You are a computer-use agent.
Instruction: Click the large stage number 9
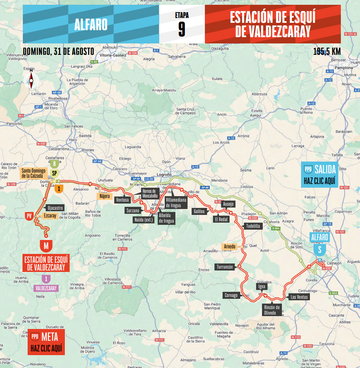click(x=182, y=29)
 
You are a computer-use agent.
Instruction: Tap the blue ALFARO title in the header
click(x=91, y=25)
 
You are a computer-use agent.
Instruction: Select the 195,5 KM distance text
click(x=326, y=52)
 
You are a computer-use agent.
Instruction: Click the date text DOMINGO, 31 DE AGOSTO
click(x=58, y=51)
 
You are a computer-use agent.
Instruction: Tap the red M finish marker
click(x=46, y=245)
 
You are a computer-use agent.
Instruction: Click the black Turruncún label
click(x=225, y=267)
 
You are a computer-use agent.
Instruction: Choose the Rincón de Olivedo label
click(x=272, y=310)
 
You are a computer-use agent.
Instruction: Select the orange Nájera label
click(x=104, y=196)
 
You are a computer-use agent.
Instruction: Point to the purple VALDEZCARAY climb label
click(x=46, y=289)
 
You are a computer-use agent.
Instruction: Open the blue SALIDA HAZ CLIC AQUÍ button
click(x=319, y=175)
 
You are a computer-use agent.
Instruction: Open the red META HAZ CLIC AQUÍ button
click(x=46, y=342)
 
